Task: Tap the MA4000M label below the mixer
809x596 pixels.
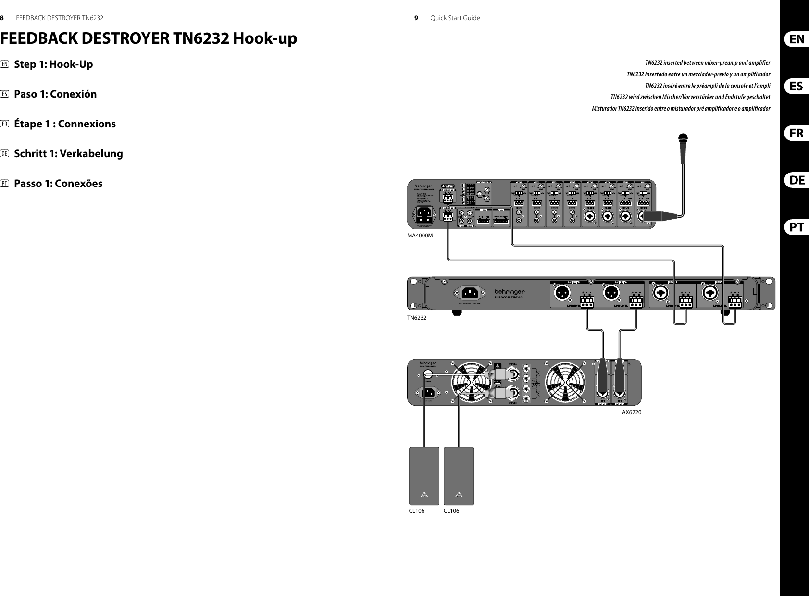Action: click(420, 236)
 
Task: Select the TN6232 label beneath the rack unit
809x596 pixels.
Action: click(417, 318)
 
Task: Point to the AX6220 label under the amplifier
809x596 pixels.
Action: click(632, 412)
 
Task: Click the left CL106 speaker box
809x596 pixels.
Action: click(424, 476)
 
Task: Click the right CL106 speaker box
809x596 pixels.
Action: click(459, 476)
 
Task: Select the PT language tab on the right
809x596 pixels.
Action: click(797, 227)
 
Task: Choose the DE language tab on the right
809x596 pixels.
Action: click(797, 180)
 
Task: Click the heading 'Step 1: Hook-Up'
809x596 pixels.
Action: click(53, 64)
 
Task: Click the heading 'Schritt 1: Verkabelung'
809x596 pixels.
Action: click(68, 154)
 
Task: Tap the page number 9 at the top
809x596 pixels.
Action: click(416, 18)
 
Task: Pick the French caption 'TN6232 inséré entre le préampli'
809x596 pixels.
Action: click(707, 86)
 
